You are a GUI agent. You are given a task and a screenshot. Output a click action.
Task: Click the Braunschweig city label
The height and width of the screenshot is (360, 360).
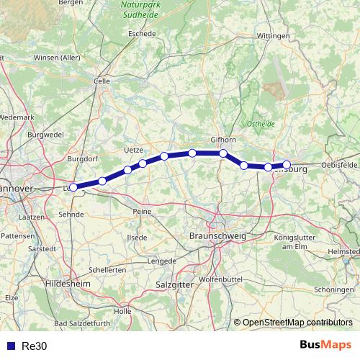pos(216,235)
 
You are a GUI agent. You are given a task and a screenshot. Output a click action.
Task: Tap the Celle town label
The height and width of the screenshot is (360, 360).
pos(102,81)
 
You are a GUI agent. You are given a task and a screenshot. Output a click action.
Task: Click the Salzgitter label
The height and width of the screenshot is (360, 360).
pos(171,285)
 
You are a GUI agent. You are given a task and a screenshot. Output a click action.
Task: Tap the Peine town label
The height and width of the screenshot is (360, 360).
pos(142,211)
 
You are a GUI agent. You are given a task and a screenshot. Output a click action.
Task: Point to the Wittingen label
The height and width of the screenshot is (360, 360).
pos(272,35)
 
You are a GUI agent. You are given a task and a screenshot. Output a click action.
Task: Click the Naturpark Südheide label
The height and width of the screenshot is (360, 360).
pos(140,9)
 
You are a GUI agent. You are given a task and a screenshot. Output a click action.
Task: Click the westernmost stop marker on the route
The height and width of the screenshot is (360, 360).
pos(73,187)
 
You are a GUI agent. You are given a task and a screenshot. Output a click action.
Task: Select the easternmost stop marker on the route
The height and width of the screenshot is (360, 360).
pos(286,165)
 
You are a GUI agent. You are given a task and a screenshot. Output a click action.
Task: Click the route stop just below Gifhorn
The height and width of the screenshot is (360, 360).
pos(223,153)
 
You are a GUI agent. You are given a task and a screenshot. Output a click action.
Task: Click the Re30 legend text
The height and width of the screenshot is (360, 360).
pos(34,346)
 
